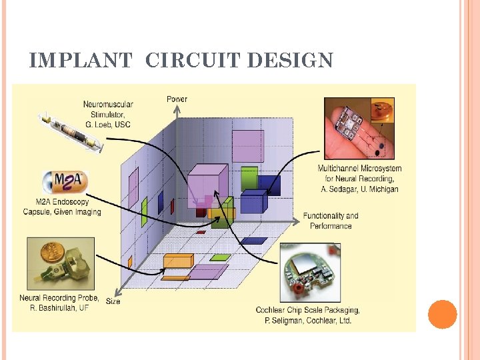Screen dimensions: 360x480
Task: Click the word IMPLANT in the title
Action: point(81,61)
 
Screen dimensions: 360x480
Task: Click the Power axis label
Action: point(177,99)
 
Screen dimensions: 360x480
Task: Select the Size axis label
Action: point(113,301)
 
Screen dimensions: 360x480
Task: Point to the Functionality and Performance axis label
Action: point(330,221)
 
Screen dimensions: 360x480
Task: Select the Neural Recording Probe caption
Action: point(59,303)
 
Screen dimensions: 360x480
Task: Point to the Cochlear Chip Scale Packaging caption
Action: point(307,315)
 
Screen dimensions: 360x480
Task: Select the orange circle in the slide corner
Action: point(442,314)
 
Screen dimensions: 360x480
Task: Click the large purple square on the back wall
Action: point(247,146)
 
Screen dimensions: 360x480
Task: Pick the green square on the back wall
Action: point(249,177)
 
